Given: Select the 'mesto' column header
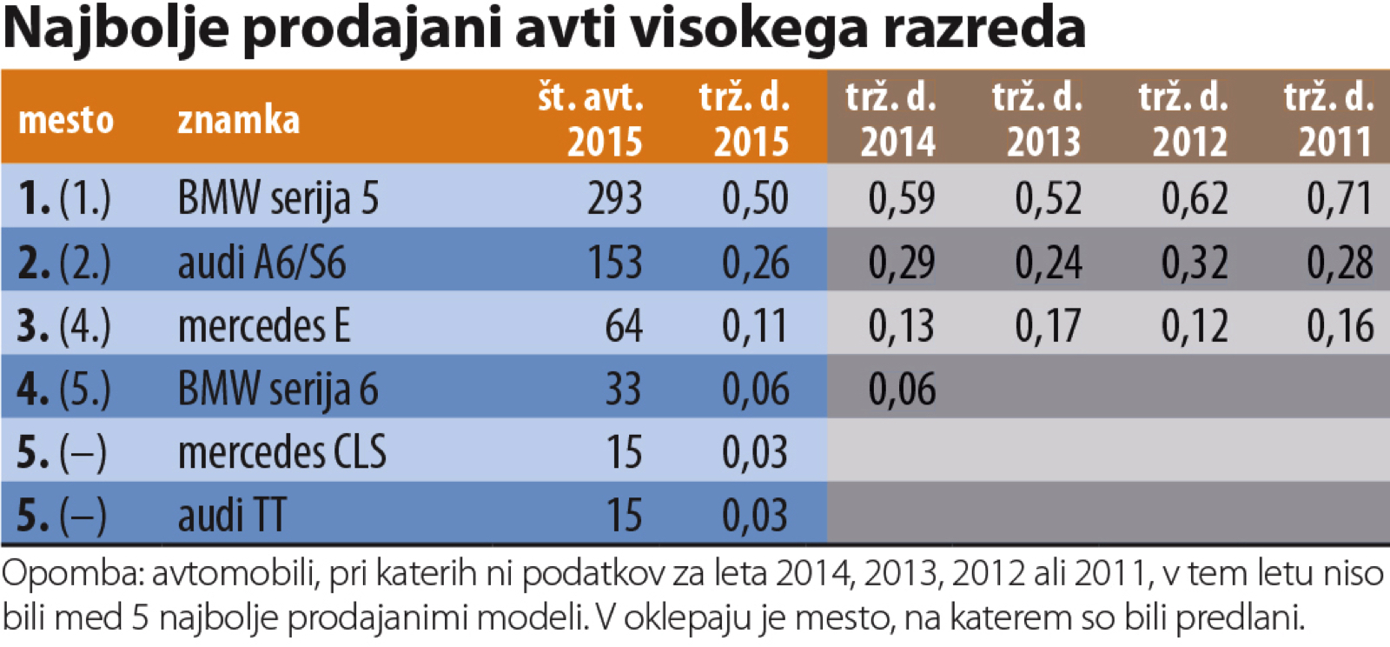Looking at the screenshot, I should point(66,120).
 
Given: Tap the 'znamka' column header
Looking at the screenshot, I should point(238,120).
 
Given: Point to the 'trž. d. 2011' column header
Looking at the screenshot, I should point(1330,119).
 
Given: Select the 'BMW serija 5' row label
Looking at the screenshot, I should point(278,198).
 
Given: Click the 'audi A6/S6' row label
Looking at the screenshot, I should point(261,263).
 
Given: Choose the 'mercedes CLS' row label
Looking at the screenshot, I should point(281,452).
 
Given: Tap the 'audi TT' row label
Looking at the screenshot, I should point(231,516).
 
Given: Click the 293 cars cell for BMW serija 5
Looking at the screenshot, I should point(614,198).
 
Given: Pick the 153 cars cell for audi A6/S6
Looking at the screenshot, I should point(614,263).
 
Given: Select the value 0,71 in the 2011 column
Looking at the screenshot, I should point(1340,198).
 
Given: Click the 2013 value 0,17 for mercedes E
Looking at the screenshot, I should point(1048,326).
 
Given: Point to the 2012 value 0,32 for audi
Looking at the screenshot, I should point(1195,263).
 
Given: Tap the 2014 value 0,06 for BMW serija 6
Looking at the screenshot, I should point(902,390).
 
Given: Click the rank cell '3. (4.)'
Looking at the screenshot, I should point(64,326).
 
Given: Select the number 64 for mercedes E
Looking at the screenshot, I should point(623,326).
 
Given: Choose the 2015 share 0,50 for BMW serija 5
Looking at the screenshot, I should point(755,198).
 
